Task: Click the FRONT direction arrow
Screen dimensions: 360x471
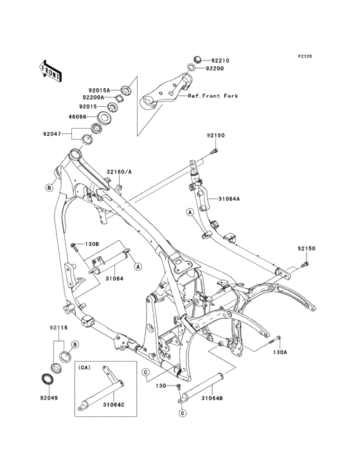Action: point(50,71)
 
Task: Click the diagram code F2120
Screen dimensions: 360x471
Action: point(305,56)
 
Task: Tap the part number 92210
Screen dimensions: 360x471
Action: point(221,60)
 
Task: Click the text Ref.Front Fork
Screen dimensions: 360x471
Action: point(213,96)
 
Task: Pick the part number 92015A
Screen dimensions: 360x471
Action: point(99,90)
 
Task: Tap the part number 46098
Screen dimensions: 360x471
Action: point(78,116)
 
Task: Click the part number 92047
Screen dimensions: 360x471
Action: point(51,134)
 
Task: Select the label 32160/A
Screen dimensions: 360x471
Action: point(119,172)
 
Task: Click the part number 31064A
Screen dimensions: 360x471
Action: point(230,199)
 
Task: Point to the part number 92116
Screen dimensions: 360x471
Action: point(59,328)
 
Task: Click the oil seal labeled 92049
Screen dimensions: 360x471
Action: point(46,378)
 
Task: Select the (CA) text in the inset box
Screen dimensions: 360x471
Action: point(84,367)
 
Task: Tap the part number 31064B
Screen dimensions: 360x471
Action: point(212,398)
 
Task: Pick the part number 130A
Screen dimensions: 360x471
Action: point(280,352)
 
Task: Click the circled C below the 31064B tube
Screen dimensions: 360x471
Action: point(183,413)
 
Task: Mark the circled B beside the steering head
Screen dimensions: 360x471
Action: point(50,188)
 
